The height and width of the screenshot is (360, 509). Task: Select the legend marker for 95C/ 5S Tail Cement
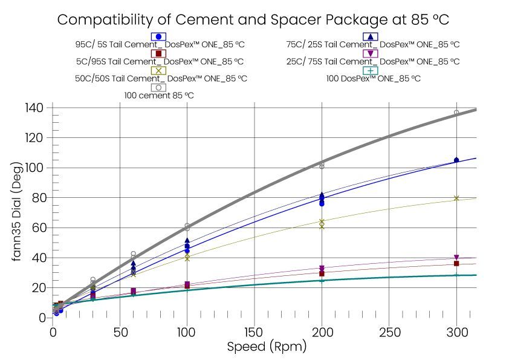click(x=158, y=37)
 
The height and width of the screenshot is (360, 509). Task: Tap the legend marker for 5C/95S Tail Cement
click(x=158, y=54)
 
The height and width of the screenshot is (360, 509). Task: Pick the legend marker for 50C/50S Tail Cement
click(x=158, y=71)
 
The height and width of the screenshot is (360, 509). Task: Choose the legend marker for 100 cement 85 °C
click(x=158, y=87)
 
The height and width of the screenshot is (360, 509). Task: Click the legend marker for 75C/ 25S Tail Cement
click(x=371, y=37)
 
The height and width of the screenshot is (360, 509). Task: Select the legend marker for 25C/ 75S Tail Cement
click(x=371, y=54)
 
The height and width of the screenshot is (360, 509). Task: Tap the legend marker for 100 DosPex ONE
click(x=371, y=71)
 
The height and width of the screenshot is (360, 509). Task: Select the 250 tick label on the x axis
click(x=389, y=332)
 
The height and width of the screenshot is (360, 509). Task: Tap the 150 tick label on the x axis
click(x=254, y=332)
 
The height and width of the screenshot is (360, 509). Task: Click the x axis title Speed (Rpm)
click(x=267, y=347)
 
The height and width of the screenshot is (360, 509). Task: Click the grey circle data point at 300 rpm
click(x=456, y=113)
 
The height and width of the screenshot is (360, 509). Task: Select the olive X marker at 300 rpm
click(x=456, y=198)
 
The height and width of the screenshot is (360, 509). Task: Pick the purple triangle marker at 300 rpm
click(x=456, y=258)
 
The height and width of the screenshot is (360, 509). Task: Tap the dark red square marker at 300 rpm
click(x=456, y=264)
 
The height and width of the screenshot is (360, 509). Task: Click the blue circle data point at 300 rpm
click(x=456, y=160)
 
